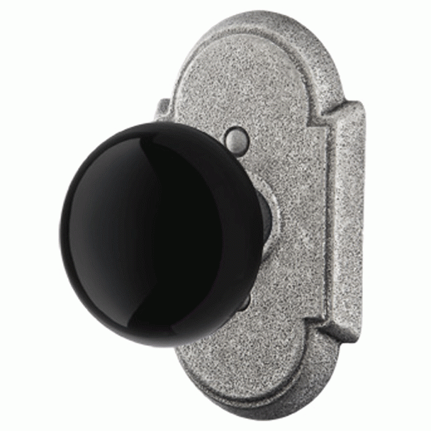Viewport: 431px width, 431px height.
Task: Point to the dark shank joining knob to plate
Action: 267,213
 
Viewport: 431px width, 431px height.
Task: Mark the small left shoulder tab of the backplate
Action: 162,110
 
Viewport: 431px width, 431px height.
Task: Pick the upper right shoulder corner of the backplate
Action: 354,106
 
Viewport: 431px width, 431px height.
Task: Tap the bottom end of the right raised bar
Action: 340,326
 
